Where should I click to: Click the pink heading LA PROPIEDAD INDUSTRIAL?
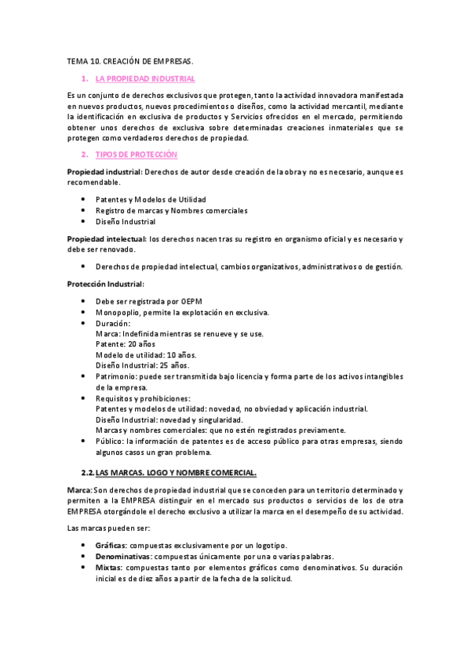145,78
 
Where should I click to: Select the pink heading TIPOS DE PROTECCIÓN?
137,154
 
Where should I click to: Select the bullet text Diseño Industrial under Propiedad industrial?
126,222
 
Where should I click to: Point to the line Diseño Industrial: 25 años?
142,365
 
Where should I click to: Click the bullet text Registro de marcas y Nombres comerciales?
171,210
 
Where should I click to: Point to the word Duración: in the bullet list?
113,323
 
